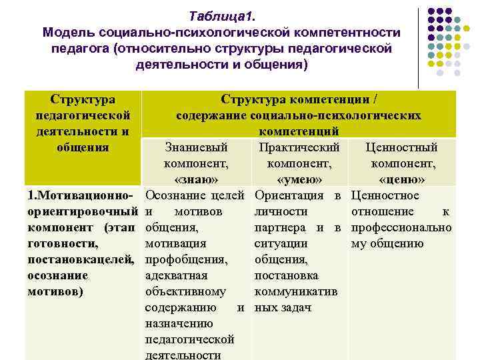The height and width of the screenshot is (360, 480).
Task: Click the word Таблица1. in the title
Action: coord(217,15)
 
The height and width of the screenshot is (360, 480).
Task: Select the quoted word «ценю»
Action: coord(402,179)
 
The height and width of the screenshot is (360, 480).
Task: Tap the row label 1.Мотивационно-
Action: coord(80,195)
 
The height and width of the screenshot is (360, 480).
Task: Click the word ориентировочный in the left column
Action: coord(77,211)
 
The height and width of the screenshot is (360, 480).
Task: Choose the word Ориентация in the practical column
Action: coord(287,195)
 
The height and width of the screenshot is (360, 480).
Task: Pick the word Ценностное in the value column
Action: coord(385,195)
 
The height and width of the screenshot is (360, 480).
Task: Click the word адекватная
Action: coord(176,275)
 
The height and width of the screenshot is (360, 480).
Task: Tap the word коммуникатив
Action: coord(296,291)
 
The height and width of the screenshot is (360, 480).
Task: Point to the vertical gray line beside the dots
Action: coord(419,47)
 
